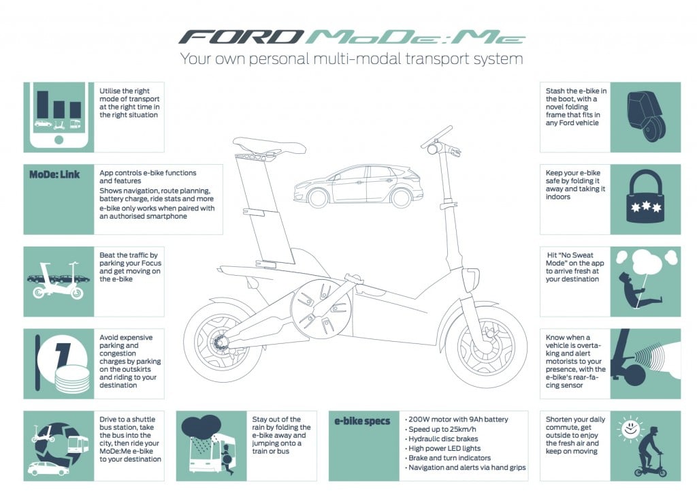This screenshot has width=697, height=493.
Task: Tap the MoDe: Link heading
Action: pyautogui.click(x=54, y=174)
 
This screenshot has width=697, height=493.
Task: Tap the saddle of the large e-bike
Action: pyautogui.click(x=261, y=144)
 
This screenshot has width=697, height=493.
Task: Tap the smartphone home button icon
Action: pyautogui.click(x=59, y=140)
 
